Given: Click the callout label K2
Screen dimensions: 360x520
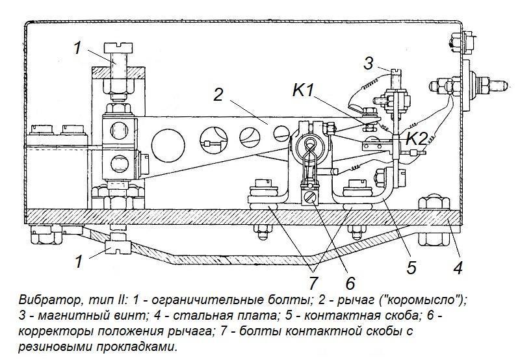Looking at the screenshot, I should (x=416, y=138).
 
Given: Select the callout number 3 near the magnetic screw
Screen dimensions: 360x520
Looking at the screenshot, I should (x=369, y=64).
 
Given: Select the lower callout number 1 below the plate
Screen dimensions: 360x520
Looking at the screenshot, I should (x=78, y=262).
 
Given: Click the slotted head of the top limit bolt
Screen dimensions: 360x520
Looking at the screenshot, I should (x=116, y=48).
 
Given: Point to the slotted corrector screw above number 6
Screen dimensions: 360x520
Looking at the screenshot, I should (x=310, y=196).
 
